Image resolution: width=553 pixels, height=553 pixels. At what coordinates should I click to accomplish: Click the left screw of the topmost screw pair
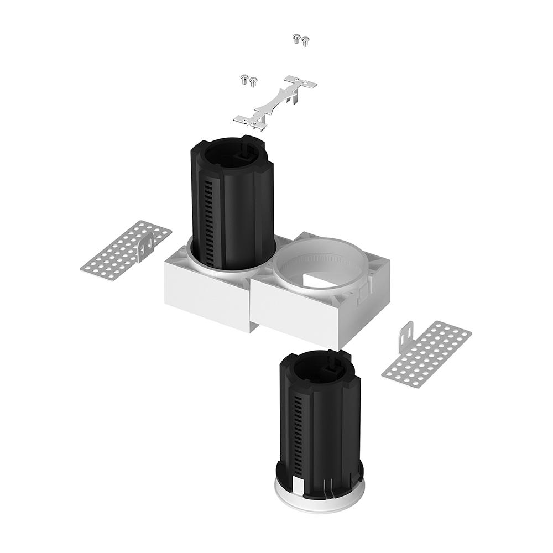point(296,38)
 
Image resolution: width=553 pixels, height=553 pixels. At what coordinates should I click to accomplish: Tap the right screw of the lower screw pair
point(253,82)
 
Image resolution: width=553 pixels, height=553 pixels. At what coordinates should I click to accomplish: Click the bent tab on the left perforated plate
point(145,248)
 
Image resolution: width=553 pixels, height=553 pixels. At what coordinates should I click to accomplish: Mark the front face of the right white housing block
point(299,315)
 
